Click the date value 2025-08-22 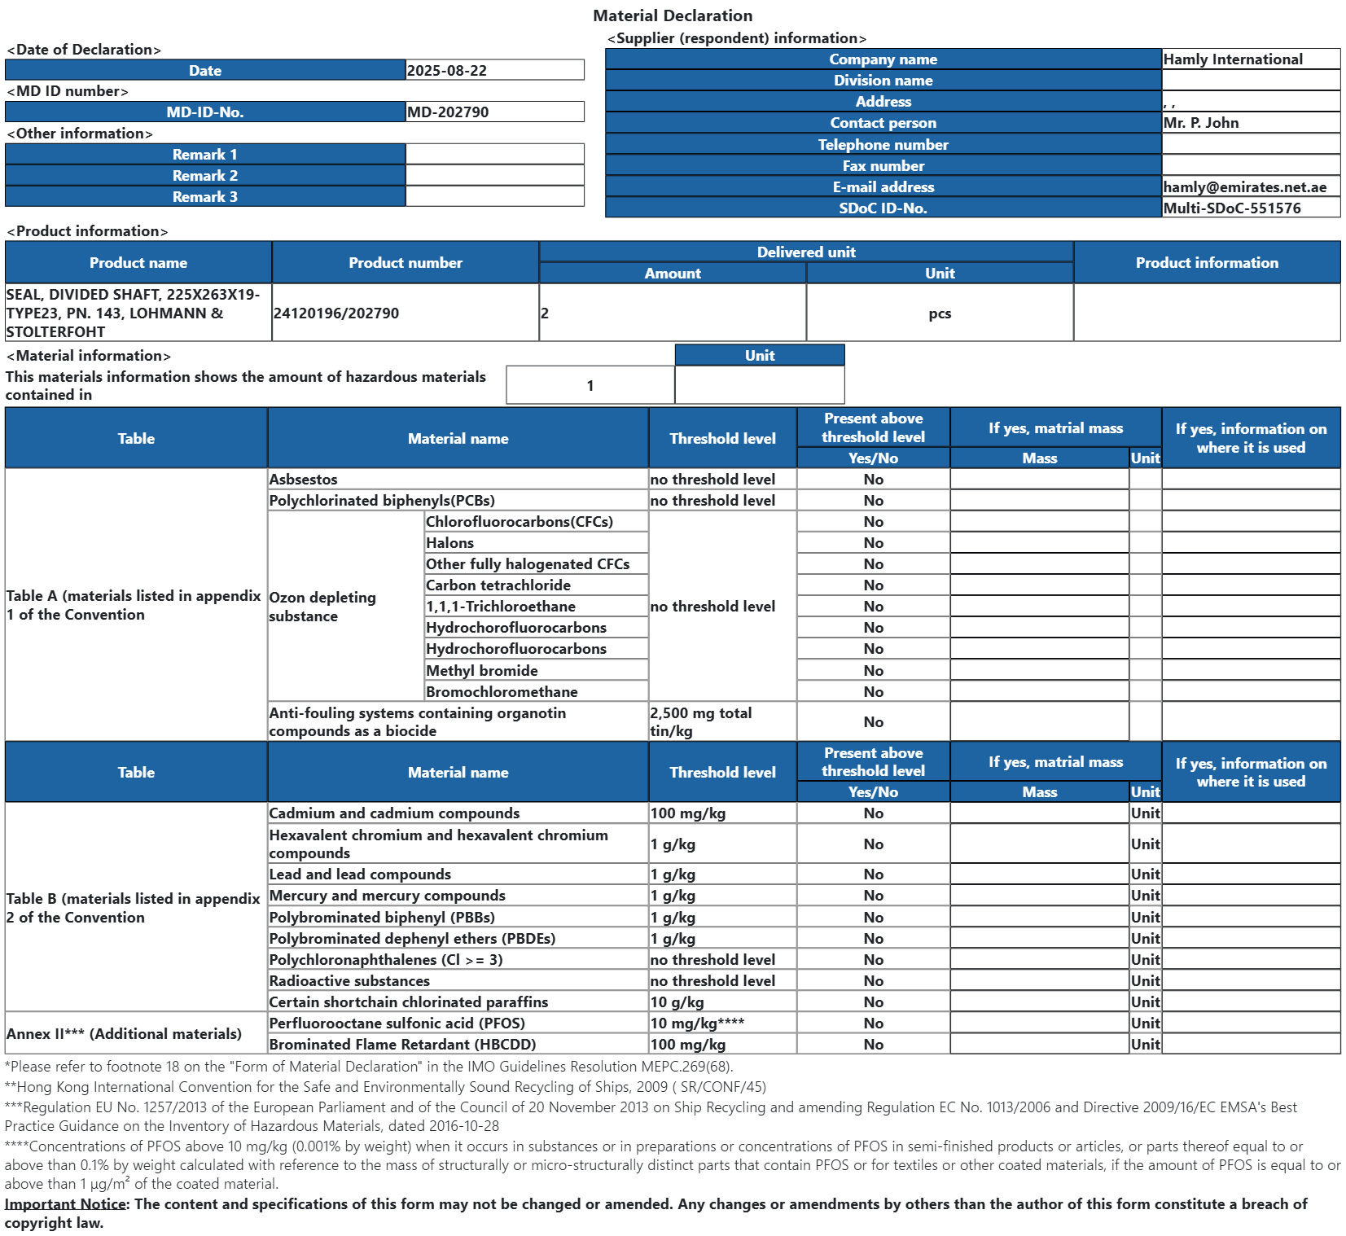click(447, 71)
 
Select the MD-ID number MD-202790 click(448, 112)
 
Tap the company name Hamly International click(1233, 59)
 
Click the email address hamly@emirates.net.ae click(1244, 187)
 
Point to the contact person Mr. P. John click(1201, 123)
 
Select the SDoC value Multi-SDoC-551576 click(1232, 208)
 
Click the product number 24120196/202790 click(336, 313)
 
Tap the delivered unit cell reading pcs click(940, 314)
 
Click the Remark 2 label click(205, 176)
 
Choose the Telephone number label click(883, 145)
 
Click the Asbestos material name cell click(303, 480)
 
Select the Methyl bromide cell click(482, 671)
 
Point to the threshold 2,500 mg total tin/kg click(701, 722)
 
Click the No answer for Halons click(873, 543)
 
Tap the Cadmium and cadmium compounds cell click(394, 813)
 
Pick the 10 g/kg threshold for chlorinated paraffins click(677, 1002)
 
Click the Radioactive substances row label click(349, 981)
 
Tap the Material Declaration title click(673, 15)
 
